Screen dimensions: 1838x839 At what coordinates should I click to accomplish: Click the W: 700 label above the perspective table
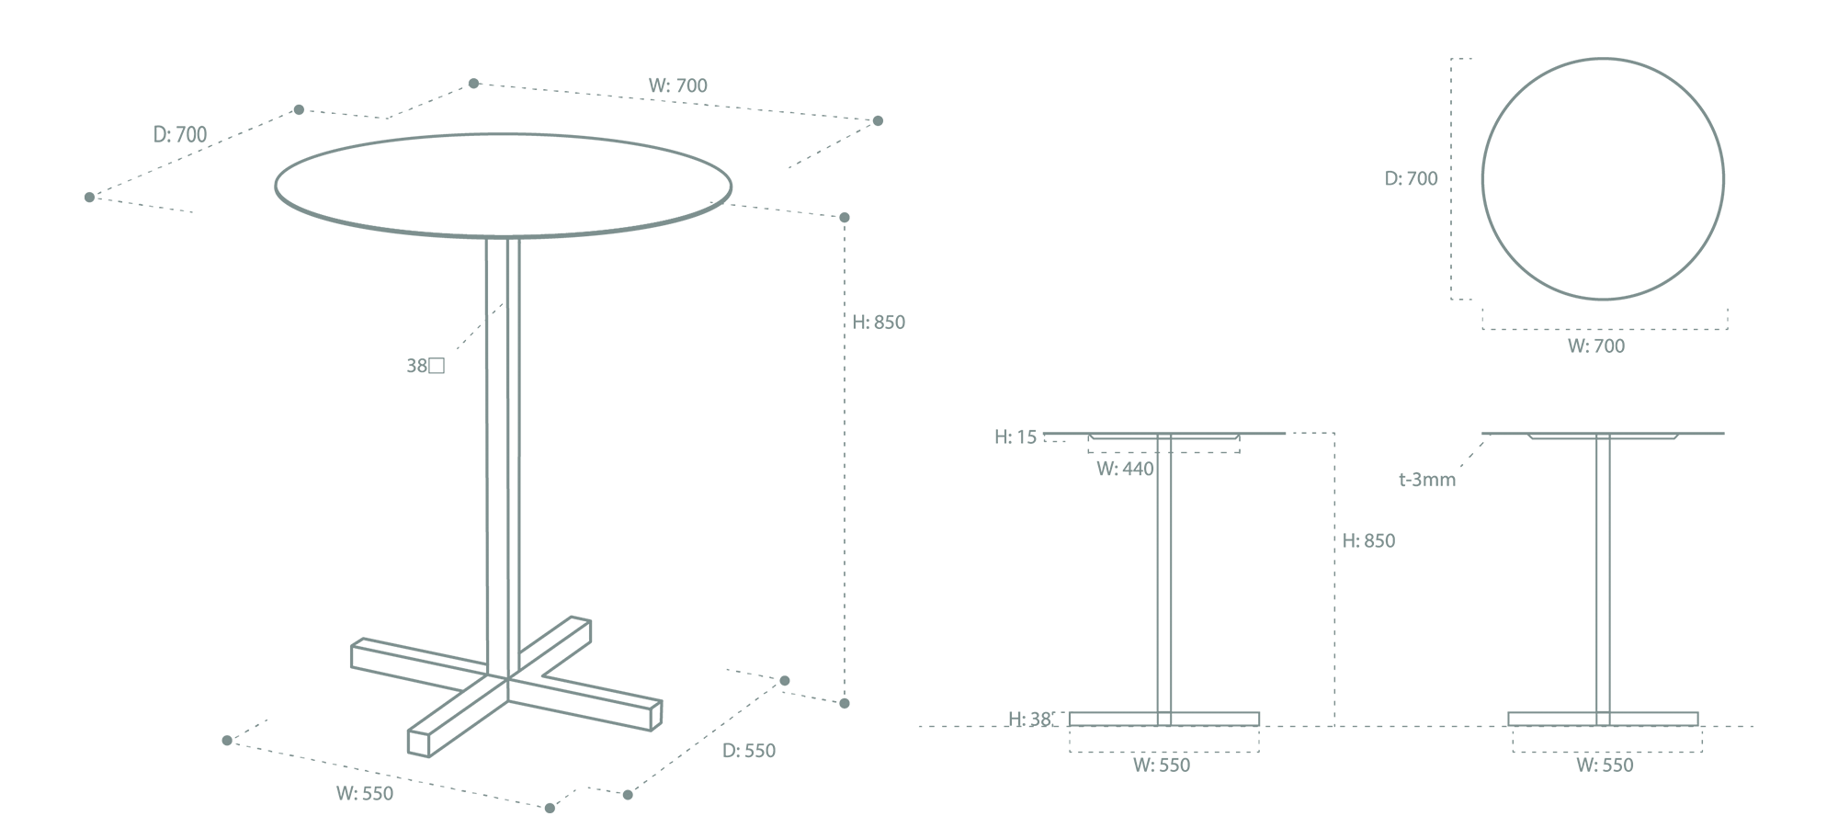click(x=678, y=85)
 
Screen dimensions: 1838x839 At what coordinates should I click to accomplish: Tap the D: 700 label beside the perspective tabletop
click(x=180, y=134)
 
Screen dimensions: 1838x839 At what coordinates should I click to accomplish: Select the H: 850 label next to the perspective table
click(x=879, y=323)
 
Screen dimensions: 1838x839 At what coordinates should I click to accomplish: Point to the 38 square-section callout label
click(x=425, y=366)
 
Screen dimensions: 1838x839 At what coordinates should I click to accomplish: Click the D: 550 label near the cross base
click(x=749, y=751)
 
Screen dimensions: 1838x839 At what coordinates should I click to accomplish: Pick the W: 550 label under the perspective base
click(x=365, y=794)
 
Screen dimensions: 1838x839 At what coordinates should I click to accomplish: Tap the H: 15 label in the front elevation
click(x=1015, y=437)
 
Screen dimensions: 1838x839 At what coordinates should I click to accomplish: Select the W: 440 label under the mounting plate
click(x=1125, y=469)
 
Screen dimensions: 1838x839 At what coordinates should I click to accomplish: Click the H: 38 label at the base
click(x=1029, y=720)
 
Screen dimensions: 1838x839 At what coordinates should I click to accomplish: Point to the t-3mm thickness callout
click(x=1427, y=480)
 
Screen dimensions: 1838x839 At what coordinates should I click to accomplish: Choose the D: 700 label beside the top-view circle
click(x=1412, y=178)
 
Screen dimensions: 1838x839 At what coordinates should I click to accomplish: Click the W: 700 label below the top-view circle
click(x=1596, y=346)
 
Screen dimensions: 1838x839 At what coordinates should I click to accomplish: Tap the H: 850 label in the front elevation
click(x=1368, y=541)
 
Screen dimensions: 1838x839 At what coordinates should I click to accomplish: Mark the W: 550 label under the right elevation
click(x=1605, y=765)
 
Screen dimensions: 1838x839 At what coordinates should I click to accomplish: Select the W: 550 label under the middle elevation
click(x=1162, y=765)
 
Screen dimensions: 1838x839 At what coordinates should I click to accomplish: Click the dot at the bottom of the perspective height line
click(x=845, y=703)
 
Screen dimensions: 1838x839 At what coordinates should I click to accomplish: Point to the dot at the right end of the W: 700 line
click(x=878, y=121)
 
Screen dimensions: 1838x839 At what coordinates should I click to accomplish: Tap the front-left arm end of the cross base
click(x=418, y=743)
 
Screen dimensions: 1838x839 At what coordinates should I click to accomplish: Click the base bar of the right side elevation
click(x=1603, y=719)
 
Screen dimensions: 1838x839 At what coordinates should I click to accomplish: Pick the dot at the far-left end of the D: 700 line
click(x=89, y=198)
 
